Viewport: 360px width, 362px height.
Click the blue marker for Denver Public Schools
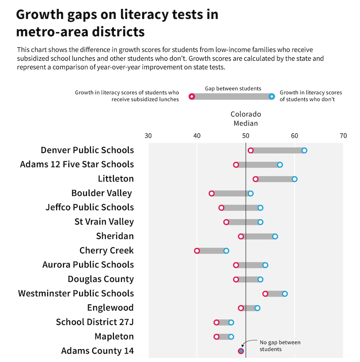[x=304, y=150]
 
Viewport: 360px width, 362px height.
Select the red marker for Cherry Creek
[x=197, y=251]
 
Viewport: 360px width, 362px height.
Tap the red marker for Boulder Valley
[x=211, y=194]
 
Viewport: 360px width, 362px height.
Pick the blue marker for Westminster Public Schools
[x=285, y=294]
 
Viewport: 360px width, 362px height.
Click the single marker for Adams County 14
[x=241, y=351]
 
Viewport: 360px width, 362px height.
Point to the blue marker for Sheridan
[x=275, y=236]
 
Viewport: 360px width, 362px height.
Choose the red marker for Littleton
[x=256, y=179]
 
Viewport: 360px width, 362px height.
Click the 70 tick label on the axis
[x=343, y=136]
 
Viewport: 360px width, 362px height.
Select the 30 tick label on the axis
[x=148, y=136]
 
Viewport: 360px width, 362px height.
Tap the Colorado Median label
[x=245, y=119]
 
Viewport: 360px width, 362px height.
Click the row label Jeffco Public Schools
[x=90, y=208]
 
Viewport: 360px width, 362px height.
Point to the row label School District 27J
[x=94, y=322]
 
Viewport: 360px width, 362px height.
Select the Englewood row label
[x=110, y=308]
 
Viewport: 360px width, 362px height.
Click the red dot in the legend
[x=192, y=96]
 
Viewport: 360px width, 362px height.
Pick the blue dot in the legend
[x=271, y=96]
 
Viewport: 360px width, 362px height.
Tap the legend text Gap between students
[x=233, y=89]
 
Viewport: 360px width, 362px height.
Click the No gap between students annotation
[x=280, y=346]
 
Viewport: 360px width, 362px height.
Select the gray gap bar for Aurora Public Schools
[x=251, y=265]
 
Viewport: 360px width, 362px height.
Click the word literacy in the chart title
[x=141, y=14]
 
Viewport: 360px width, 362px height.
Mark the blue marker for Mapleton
[x=231, y=337]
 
